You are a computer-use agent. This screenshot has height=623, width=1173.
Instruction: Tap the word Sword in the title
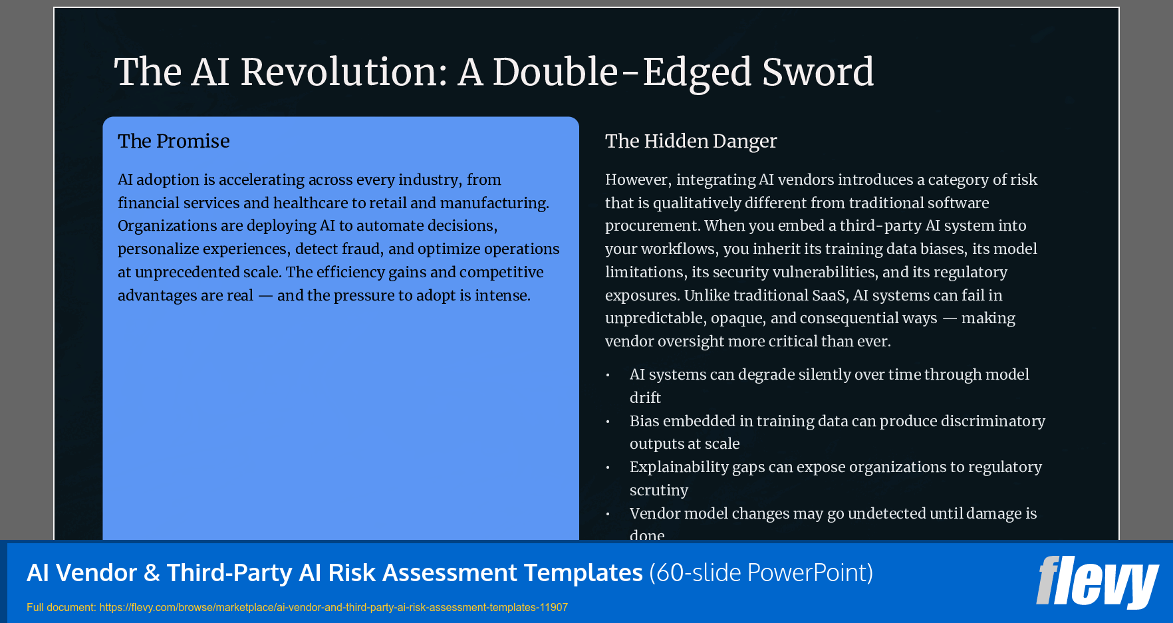817,72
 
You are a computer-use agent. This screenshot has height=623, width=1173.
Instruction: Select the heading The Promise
174,141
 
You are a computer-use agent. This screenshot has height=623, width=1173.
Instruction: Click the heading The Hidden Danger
690,141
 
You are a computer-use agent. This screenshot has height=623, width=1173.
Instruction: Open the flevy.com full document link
333,607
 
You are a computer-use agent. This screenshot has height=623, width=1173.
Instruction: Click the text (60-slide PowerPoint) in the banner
761,572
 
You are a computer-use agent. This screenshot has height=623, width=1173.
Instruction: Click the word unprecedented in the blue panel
205,272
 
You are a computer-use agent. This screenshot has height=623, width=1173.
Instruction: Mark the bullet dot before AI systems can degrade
608,375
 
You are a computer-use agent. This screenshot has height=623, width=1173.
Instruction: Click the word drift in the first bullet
645,398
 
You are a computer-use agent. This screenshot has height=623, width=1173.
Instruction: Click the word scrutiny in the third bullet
658,490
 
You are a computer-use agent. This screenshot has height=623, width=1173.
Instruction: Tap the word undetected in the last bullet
888,513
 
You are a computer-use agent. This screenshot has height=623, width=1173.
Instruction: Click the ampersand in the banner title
152,572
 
